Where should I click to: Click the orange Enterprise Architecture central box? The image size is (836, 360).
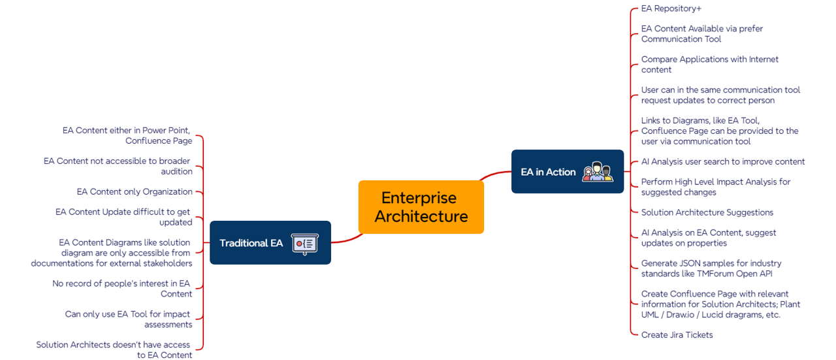[421, 206]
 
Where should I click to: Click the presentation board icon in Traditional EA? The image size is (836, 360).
[304, 243]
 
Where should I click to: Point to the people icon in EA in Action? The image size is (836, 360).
[598, 172]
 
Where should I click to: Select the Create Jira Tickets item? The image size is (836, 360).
[677, 335]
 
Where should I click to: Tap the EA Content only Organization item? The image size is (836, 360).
[135, 192]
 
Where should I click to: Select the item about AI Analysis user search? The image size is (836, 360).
[722, 161]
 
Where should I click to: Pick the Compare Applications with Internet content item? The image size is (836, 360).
[709, 65]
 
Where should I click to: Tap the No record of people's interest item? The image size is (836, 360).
[122, 289]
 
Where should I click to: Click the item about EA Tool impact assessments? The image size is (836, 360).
[128, 319]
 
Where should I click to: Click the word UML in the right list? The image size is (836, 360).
[651, 315]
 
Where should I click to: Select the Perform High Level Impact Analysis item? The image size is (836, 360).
[715, 187]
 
